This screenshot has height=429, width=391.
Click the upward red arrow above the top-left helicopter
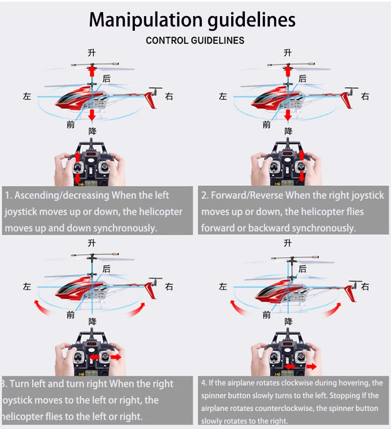pos(91,73)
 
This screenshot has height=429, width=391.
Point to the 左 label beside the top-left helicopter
pos(27,97)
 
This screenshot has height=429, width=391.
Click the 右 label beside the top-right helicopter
pos(365,97)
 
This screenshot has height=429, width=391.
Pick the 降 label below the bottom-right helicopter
pos(288,321)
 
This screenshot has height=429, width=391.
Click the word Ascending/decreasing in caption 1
pos(62,196)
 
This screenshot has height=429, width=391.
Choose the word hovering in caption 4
pos(341,383)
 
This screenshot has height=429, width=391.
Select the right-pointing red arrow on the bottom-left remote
pos(116,357)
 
